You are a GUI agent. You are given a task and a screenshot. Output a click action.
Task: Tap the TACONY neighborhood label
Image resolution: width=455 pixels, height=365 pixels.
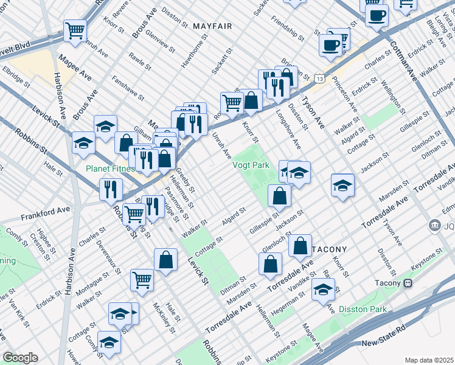coord(329,249)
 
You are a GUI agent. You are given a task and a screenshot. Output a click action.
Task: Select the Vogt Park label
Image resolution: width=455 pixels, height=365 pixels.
coord(250,165)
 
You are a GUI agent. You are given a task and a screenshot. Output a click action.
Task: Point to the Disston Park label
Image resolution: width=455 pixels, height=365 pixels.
coord(363,309)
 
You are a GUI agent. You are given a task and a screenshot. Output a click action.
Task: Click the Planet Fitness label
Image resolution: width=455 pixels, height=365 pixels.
coord(110,169)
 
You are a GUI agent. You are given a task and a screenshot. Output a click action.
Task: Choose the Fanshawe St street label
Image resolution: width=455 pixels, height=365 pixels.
coord(127,88)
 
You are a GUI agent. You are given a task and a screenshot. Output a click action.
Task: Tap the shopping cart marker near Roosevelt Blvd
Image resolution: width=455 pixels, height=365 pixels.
coord(75,30)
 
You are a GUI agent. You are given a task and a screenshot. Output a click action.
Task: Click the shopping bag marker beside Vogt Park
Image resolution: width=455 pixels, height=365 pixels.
coord(279,196)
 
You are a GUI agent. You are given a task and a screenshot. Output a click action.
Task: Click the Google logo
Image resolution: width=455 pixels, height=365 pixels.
coord(20,358)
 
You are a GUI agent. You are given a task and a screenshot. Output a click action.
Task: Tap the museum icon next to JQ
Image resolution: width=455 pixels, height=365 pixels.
coord(435,226)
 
